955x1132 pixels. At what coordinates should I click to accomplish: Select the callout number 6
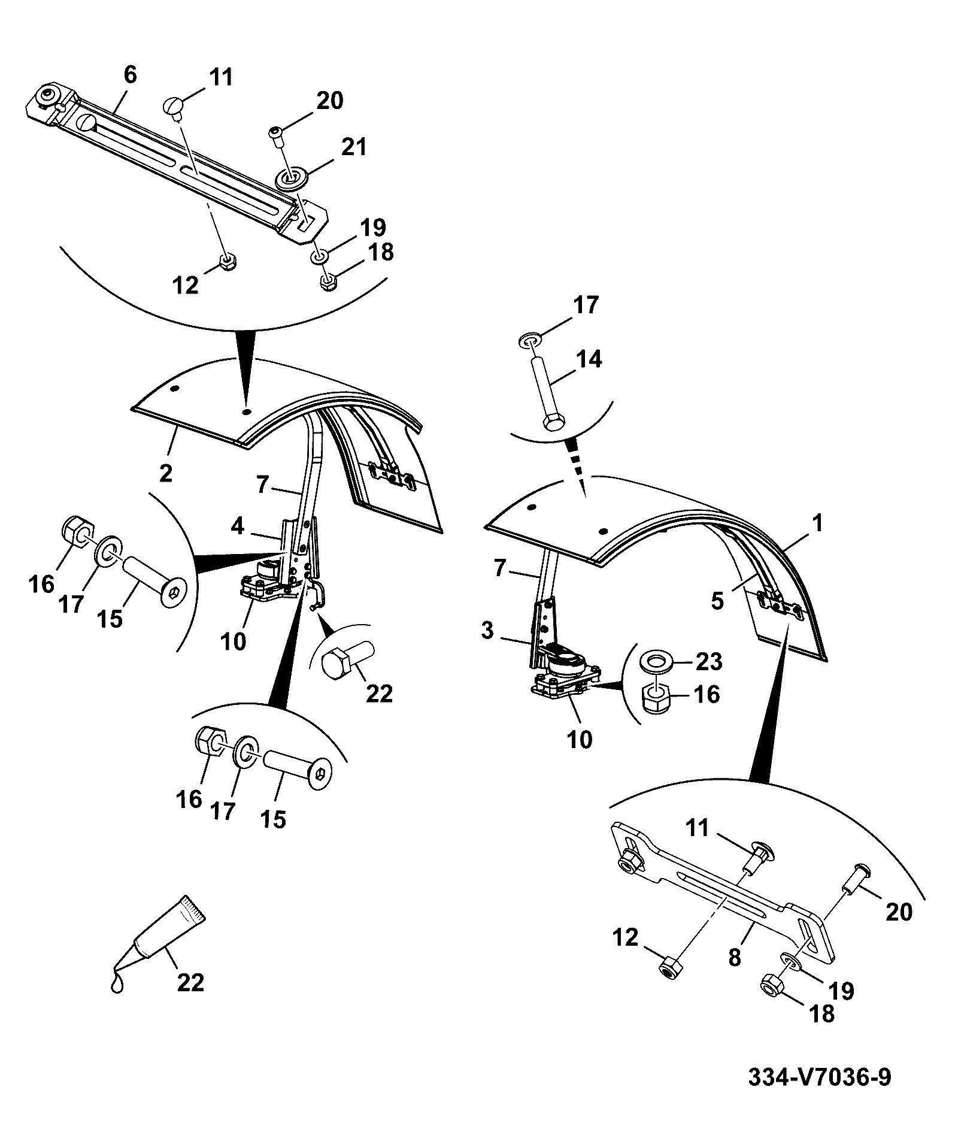coord(130,75)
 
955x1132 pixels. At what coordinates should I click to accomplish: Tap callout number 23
coord(708,662)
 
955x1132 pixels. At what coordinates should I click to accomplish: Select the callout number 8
coord(735,957)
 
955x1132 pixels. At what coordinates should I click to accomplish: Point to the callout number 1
coord(817,524)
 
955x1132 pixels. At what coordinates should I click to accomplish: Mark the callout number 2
coord(166,473)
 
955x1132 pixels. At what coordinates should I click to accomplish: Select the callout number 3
coord(487,631)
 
